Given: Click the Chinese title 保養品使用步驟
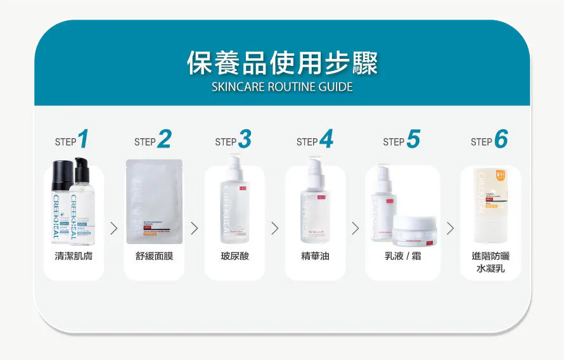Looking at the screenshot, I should tap(282, 63).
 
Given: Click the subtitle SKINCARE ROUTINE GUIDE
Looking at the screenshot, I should tap(282, 87).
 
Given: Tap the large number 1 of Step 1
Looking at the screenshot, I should tap(82, 139).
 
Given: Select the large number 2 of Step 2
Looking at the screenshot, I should tap(163, 139).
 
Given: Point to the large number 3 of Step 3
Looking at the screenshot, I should tap(244, 139).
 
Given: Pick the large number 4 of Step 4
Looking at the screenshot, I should tap(326, 139).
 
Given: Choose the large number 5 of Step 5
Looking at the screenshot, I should tap(413, 139).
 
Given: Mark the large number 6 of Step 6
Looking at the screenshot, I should tap(501, 139).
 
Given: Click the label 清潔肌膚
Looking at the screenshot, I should tap(74, 256).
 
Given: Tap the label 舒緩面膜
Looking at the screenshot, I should tap(154, 256).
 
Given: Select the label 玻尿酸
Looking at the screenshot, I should tap(234, 256).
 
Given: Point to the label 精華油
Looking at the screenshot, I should tap(315, 256).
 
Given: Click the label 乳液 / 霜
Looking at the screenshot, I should tap(402, 256).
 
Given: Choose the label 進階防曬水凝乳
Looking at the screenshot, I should tap(490, 262).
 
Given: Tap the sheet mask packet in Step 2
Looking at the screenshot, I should tap(154, 202).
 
